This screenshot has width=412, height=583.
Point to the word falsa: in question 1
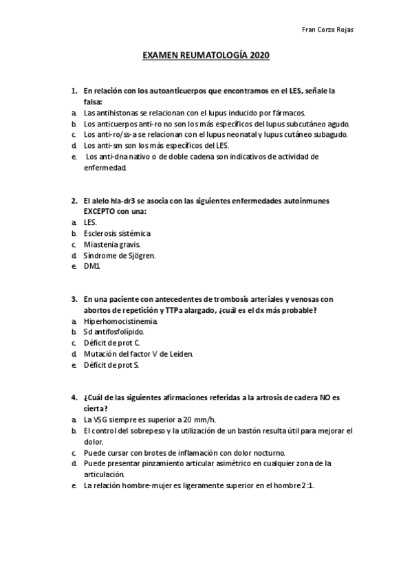point(92,101)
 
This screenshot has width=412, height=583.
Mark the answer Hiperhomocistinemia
point(120,320)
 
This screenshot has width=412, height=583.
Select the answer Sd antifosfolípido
point(113,331)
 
